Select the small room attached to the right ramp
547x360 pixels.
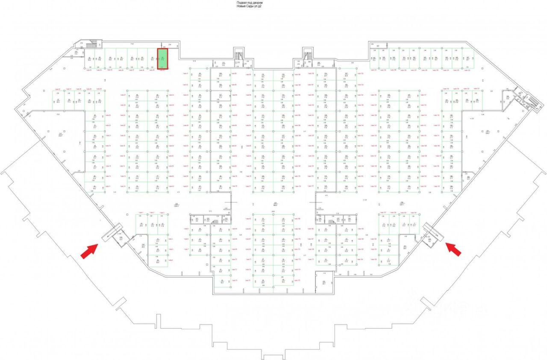click(429, 240)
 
